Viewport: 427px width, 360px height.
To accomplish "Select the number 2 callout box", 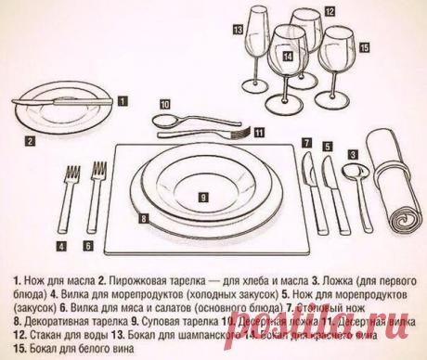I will pyautogui.click(x=31, y=142).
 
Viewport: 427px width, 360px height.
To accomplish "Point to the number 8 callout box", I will pyautogui.click(x=144, y=218).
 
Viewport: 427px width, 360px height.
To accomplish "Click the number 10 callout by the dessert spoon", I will pyautogui.click(x=163, y=104).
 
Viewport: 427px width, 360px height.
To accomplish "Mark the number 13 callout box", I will pyautogui.click(x=239, y=30).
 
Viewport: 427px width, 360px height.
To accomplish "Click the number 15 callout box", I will pyautogui.click(x=363, y=46).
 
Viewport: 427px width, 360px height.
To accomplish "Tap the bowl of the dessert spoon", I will pyautogui.click(x=164, y=122).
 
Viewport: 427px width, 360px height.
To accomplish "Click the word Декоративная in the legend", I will pyautogui.click(x=50, y=314).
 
